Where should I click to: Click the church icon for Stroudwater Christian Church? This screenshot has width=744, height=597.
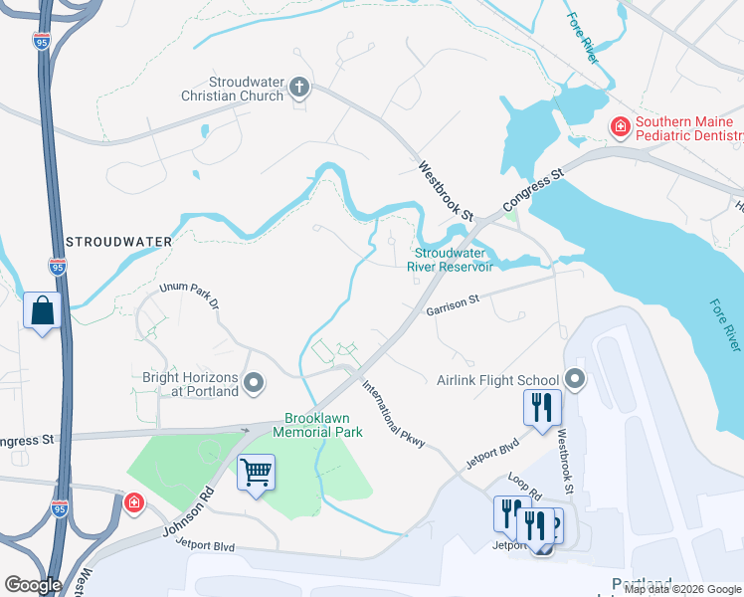coord(298,89)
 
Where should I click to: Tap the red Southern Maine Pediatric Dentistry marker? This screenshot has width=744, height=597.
coord(619,126)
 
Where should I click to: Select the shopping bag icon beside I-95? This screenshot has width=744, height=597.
coord(42,310)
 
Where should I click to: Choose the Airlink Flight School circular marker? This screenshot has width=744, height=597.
coord(574,379)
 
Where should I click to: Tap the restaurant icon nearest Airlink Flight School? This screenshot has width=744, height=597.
coord(542,407)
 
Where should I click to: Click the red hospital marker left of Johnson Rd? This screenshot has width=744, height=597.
coord(133,503)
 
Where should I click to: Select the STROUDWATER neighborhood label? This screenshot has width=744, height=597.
coord(118,242)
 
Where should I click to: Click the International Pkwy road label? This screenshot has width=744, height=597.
coord(393,411)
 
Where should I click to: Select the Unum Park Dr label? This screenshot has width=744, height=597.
coord(188,295)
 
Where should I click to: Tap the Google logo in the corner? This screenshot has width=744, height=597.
coord(33,584)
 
